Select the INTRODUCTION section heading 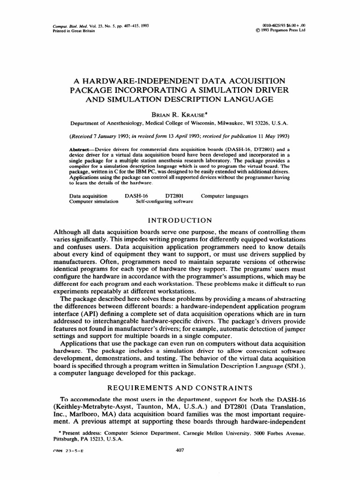point(180,220)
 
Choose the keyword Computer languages point(225,195)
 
